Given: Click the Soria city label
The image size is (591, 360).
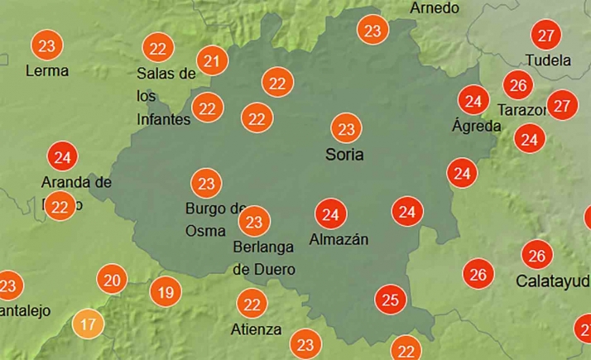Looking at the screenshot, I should [x=344, y=155].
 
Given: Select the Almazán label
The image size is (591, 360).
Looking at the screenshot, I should [x=338, y=240].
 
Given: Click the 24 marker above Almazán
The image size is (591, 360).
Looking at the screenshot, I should [x=331, y=215].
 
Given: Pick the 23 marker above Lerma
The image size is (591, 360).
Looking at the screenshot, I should [x=47, y=45].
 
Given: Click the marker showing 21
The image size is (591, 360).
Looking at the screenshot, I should [x=213, y=60].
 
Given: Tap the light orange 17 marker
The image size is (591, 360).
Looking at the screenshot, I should [x=88, y=324].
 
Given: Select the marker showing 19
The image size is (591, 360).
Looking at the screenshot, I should [x=166, y=291].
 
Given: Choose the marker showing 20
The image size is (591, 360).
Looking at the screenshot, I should [x=112, y=280].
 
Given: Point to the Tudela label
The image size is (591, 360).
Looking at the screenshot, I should [x=548, y=60].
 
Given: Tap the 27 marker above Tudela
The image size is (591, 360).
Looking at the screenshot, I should [x=545, y=36].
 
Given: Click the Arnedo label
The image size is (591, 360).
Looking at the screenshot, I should [x=435, y=7].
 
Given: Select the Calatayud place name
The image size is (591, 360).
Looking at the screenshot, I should [x=552, y=281].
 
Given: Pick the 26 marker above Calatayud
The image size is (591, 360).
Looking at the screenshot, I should [x=537, y=255].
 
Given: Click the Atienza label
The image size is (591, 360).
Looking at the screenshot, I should [x=257, y=329].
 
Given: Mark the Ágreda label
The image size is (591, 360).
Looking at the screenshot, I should [x=477, y=127].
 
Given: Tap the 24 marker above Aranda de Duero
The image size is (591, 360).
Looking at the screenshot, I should [x=61, y=156].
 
